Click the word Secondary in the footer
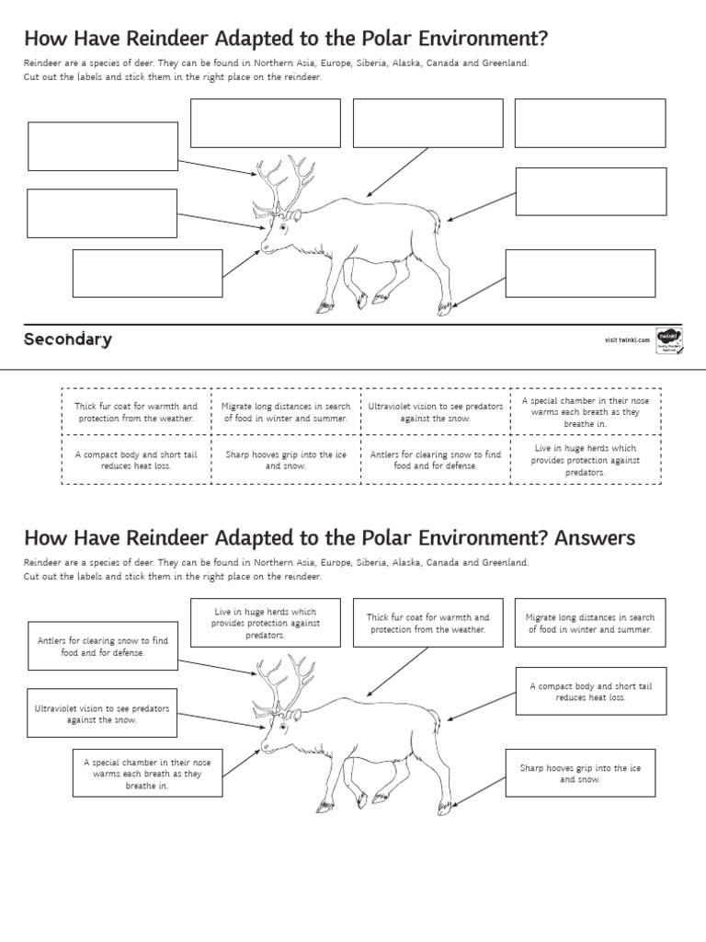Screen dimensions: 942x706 click(68, 339)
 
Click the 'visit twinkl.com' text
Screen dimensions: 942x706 click(627, 340)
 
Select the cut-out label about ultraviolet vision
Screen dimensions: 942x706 click(436, 412)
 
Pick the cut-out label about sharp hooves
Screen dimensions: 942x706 click(286, 460)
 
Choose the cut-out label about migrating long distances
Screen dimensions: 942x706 click(286, 412)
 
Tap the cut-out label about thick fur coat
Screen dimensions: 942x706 click(136, 412)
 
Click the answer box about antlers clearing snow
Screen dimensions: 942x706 click(103, 646)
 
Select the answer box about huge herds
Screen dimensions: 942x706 click(265, 623)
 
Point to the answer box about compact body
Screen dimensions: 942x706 click(590, 692)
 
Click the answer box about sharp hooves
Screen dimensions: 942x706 click(580, 773)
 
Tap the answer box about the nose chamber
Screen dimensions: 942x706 click(147, 774)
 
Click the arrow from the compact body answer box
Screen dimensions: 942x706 click(480, 705)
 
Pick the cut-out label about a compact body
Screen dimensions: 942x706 click(136, 460)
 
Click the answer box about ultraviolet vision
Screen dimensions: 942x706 click(102, 714)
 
